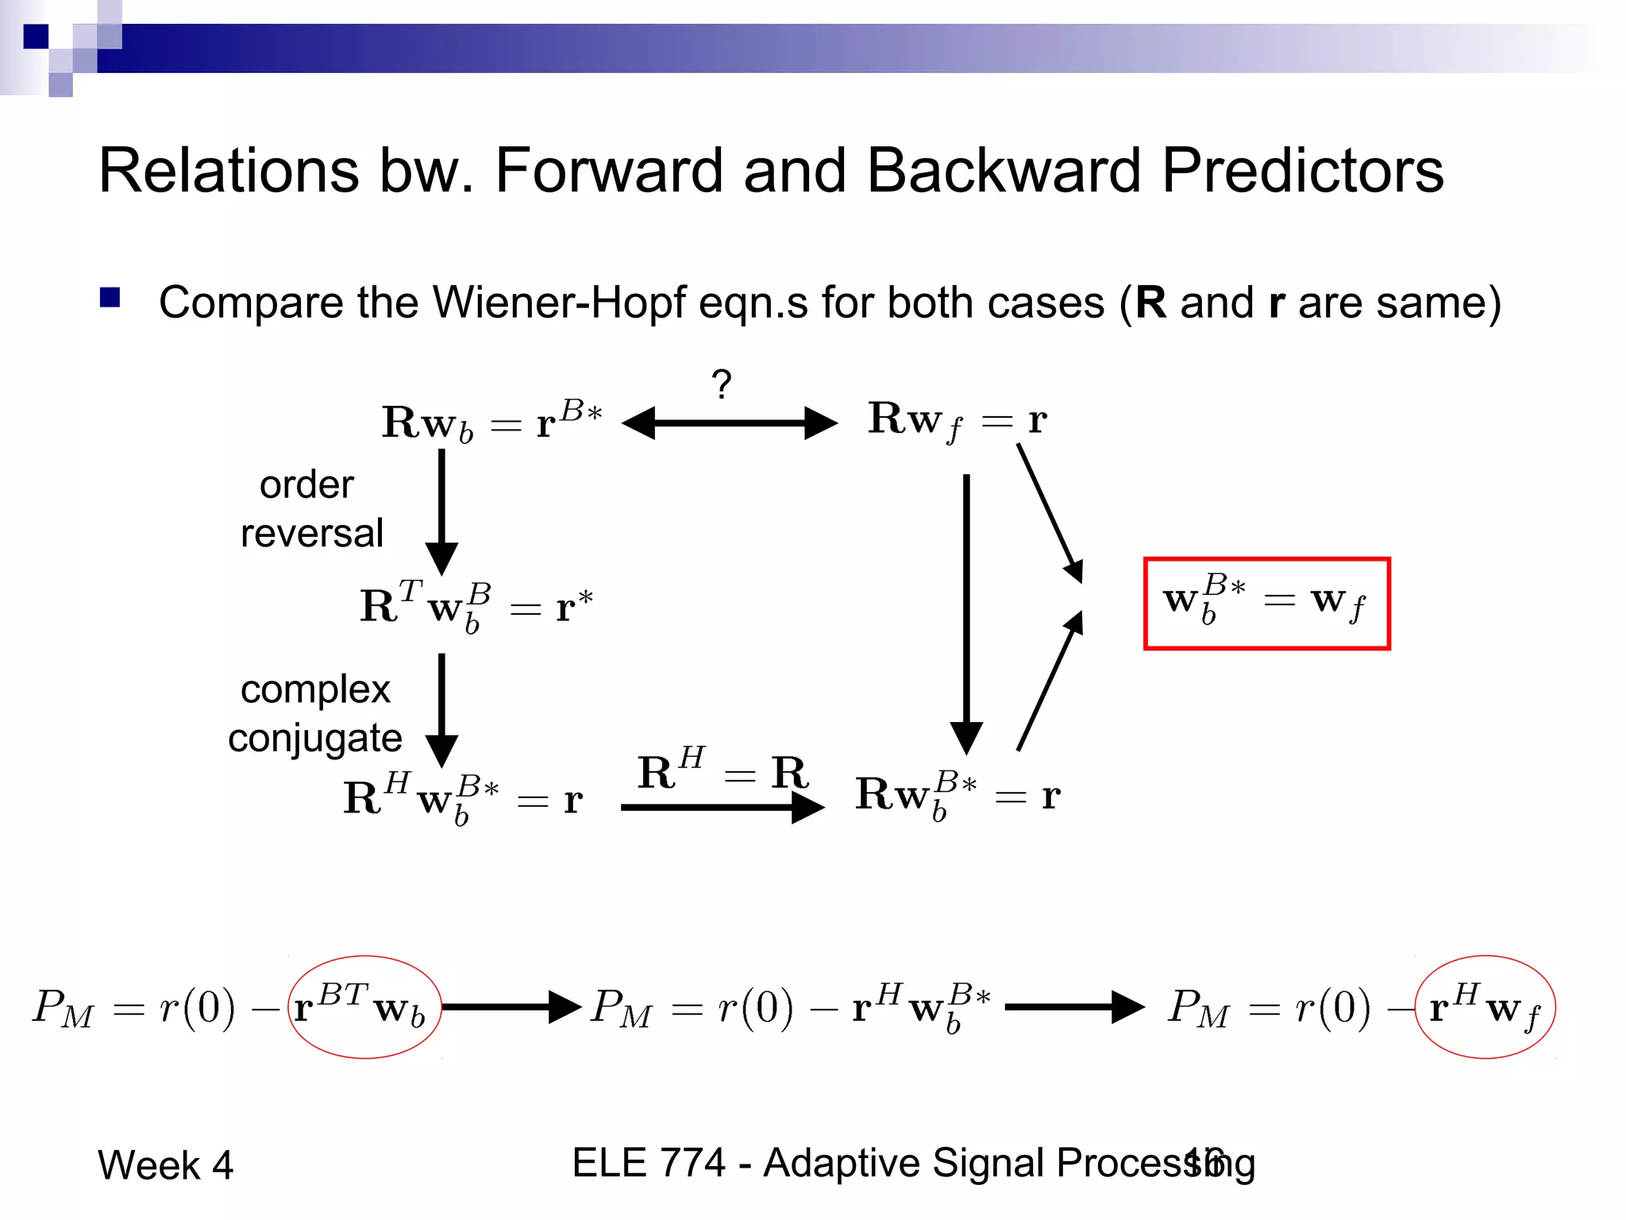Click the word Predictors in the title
pos(1302,171)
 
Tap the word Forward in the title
pos(609,171)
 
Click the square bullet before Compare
pos(110,298)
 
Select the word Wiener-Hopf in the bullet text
pos(560,303)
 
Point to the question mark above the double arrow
pos(721,384)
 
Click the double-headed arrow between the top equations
pos(729,423)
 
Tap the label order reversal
pos(310,508)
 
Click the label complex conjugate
pos(314,713)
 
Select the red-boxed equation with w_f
pos(1266,604)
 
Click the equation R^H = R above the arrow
pos(722,770)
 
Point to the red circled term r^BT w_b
pos(364,1007)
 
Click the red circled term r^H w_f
pos(1484,1007)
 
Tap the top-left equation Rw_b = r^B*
pos(491,422)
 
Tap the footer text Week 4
pos(165,1165)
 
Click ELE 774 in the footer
pos(648,1163)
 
